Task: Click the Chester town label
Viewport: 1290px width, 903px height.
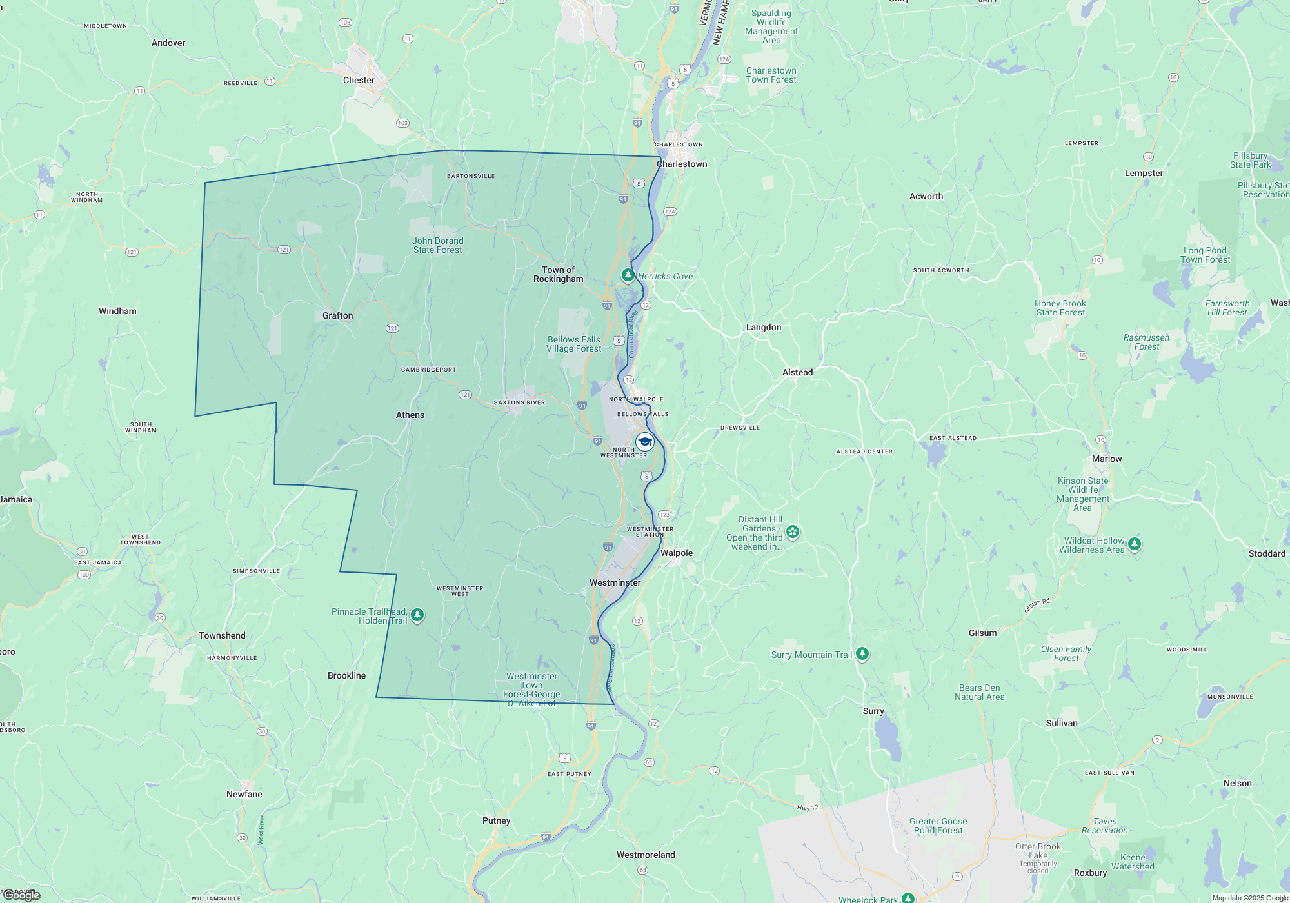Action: [359, 81]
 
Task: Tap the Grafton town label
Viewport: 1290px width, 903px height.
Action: [337, 316]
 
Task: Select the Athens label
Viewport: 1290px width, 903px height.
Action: [410, 415]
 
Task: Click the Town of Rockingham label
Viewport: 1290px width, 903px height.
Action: [559, 275]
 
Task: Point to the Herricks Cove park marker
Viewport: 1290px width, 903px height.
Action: [628, 275]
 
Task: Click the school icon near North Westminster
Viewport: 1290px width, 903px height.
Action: [645, 442]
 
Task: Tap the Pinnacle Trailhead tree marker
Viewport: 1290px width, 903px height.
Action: [417, 615]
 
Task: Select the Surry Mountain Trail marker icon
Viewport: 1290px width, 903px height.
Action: [862, 654]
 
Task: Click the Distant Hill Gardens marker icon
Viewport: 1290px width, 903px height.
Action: [793, 532]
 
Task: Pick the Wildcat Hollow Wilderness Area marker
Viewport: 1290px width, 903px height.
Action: [1135, 544]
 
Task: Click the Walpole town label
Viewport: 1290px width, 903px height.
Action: [677, 553]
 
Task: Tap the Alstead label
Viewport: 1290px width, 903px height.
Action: [797, 373]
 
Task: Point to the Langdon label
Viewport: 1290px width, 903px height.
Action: [764, 328]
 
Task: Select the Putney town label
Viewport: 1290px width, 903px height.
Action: [496, 821]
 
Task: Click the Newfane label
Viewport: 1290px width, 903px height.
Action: [244, 795]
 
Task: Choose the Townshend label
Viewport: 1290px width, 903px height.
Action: [222, 636]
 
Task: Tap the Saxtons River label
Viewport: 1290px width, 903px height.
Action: [519, 402]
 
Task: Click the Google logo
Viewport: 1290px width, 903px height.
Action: [22, 895]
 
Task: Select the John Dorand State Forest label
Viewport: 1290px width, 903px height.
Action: [438, 246]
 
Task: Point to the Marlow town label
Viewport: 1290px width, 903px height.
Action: [1107, 459]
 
